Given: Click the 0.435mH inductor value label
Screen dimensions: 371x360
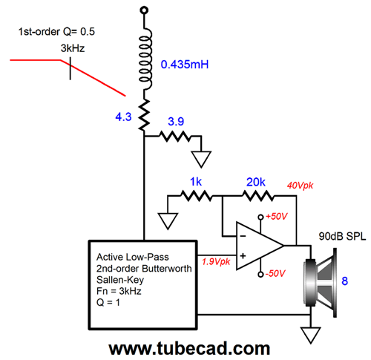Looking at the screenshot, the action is [x=185, y=65].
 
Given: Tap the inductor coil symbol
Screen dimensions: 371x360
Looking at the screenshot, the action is [x=145, y=59].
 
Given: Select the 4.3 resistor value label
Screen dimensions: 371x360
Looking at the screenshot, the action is [x=123, y=117].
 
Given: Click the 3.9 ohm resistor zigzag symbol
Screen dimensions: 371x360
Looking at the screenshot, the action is [x=175, y=136].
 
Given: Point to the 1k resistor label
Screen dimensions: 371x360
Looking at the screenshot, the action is [x=196, y=182].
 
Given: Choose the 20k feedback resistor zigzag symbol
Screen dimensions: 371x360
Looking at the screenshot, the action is [x=258, y=196].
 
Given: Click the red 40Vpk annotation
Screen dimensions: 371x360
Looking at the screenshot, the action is [x=300, y=186].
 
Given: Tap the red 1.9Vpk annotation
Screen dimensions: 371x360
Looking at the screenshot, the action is [x=216, y=261].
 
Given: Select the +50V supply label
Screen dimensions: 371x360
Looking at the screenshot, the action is [x=276, y=217].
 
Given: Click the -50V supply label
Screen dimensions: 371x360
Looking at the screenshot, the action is [x=275, y=274].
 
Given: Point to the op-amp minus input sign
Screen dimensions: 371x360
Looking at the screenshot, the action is [x=243, y=236].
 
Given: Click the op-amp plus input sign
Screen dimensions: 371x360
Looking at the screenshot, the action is [x=243, y=255].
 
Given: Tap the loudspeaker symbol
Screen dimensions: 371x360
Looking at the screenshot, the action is [x=321, y=283].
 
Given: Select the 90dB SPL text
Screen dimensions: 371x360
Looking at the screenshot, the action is [x=342, y=236].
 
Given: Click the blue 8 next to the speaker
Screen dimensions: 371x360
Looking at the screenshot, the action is [x=345, y=281].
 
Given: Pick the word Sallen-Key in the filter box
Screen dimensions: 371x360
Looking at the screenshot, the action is [x=120, y=280].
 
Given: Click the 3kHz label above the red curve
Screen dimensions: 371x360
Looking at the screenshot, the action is [x=73, y=48].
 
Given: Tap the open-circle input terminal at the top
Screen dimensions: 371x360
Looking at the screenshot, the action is [x=144, y=10].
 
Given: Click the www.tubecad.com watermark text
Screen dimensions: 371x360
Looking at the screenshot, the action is [x=189, y=348].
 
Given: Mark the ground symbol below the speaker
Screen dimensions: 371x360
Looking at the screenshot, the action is [x=311, y=335].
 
